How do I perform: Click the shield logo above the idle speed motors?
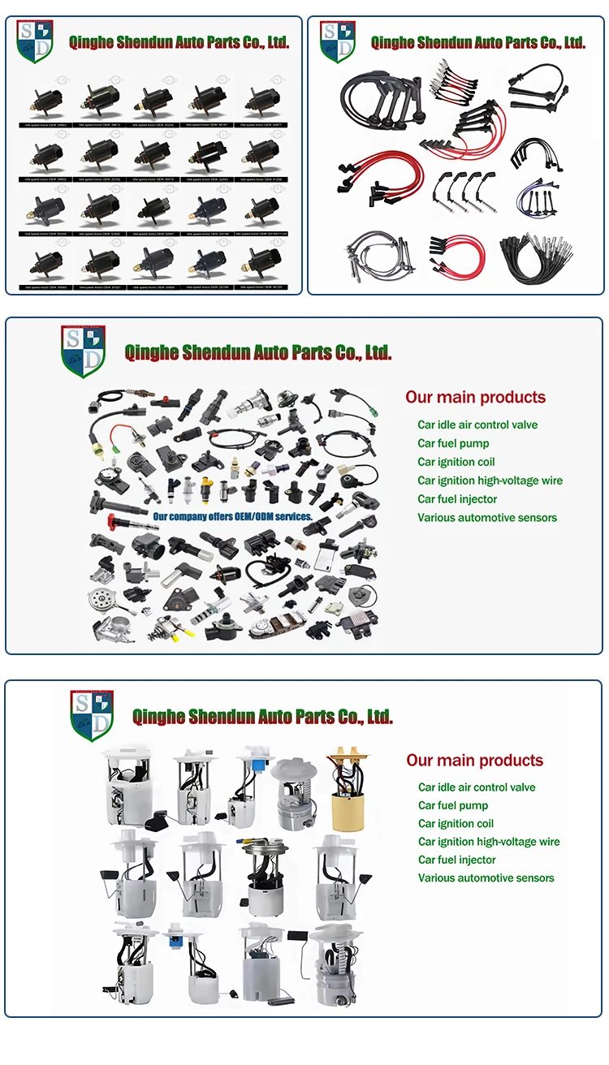click(x=34, y=41)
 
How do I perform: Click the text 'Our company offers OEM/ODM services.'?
click(x=232, y=516)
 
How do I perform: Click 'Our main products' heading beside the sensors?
click(x=475, y=397)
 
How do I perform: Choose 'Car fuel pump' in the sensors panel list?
click(x=453, y=443)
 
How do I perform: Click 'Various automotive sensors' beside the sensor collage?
click(x=487, y=518)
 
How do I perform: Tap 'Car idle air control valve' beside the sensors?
click(x=477, y=425)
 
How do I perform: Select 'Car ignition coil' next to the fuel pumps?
click(x=456, y=823)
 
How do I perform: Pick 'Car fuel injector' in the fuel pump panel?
click(x=457, y=860)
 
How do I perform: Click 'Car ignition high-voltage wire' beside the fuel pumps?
click(x=489, y=842)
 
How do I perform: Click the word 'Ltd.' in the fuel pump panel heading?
click(x=378, y=716)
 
